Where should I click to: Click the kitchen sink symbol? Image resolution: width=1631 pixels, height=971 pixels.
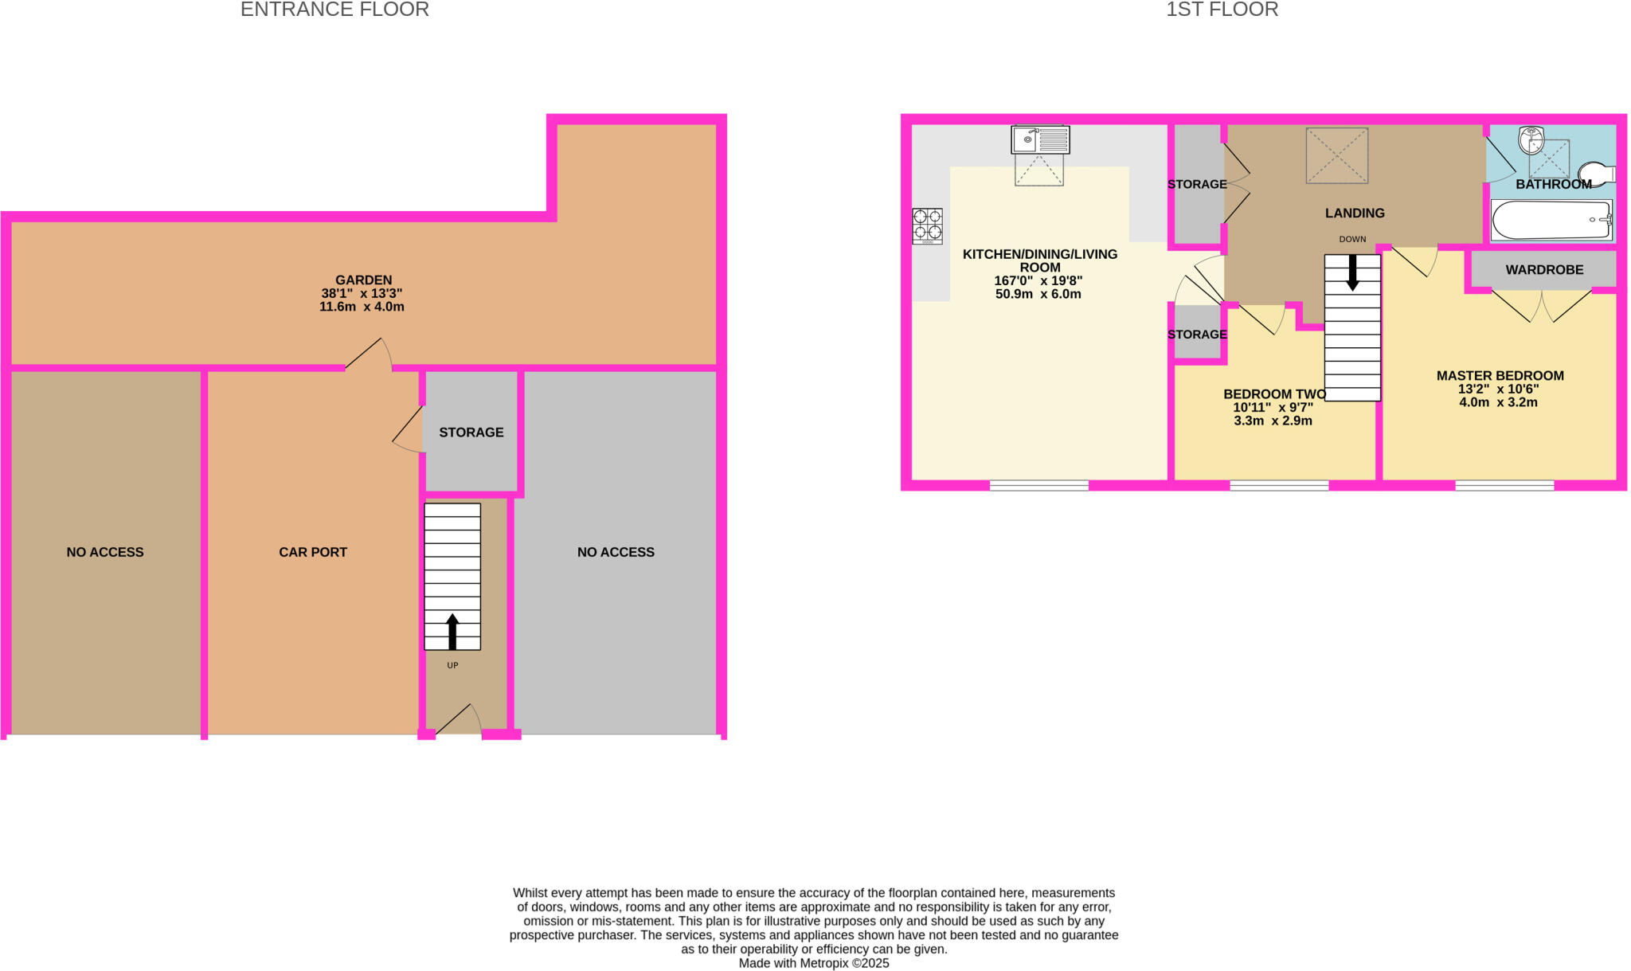point(1040,139)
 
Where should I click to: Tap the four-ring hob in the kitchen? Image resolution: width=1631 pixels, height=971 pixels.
point(927,225)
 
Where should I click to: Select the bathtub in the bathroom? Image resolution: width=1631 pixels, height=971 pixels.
point(1551,220)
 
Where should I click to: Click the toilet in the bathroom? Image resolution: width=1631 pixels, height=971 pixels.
point(1596,174)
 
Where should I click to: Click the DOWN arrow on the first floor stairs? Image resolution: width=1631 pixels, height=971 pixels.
point(1352,272)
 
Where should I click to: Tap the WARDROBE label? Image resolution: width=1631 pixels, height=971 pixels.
point(1544,270)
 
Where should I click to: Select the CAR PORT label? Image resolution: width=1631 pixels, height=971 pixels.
point(313,552)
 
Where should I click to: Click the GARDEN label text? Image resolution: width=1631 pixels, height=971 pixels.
point(363,280)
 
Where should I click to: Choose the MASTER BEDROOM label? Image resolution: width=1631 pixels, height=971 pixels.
point(1500,375)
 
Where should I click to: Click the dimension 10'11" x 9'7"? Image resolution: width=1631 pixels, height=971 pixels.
point(1273,407)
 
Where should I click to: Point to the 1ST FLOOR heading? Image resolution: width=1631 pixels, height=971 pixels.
point(1222,10)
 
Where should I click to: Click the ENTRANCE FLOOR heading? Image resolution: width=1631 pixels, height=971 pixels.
point(334,10)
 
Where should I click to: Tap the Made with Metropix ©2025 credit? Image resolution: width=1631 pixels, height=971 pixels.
point(813,963)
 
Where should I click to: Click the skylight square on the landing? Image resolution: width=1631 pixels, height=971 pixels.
point(1336,155)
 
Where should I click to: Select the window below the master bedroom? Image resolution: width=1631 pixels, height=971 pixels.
point(1504,485)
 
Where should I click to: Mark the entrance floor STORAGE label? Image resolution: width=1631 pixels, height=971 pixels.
point(471,433)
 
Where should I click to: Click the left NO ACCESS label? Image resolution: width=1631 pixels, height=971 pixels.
point(105,552)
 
